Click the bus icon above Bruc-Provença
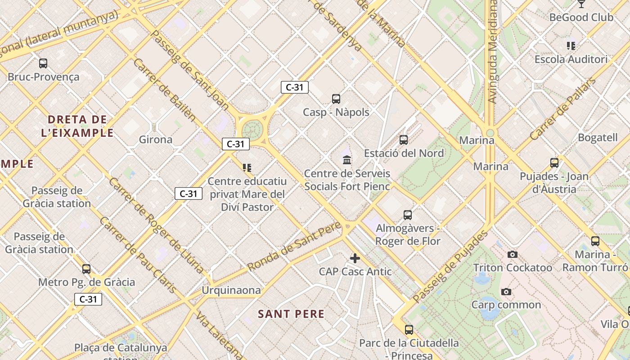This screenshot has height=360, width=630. click(43, 63)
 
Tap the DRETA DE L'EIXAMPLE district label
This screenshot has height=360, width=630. click(77, 126)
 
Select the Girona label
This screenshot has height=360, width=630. click(155, 139)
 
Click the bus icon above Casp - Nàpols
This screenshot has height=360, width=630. click(336, 99)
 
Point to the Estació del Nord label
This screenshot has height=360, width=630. click(404, 153)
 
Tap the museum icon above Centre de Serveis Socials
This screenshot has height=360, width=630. click(347, 160)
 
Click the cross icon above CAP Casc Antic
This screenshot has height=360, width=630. click(355, 258)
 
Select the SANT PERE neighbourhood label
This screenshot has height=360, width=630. click(291, 314)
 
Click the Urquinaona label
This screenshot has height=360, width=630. click(231, 290)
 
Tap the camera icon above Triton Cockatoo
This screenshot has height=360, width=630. click(512, 255)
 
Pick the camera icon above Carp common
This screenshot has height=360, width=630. click(506, 292)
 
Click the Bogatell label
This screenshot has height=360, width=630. click(598, 138)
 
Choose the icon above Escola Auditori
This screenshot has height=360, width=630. click(571, 45)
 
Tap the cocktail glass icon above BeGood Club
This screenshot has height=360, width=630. click(581, 4)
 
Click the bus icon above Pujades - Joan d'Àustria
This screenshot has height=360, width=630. click(554, 163)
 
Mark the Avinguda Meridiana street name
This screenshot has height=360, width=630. click(493, 52)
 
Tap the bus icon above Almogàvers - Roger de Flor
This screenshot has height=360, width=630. click(408, 215)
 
